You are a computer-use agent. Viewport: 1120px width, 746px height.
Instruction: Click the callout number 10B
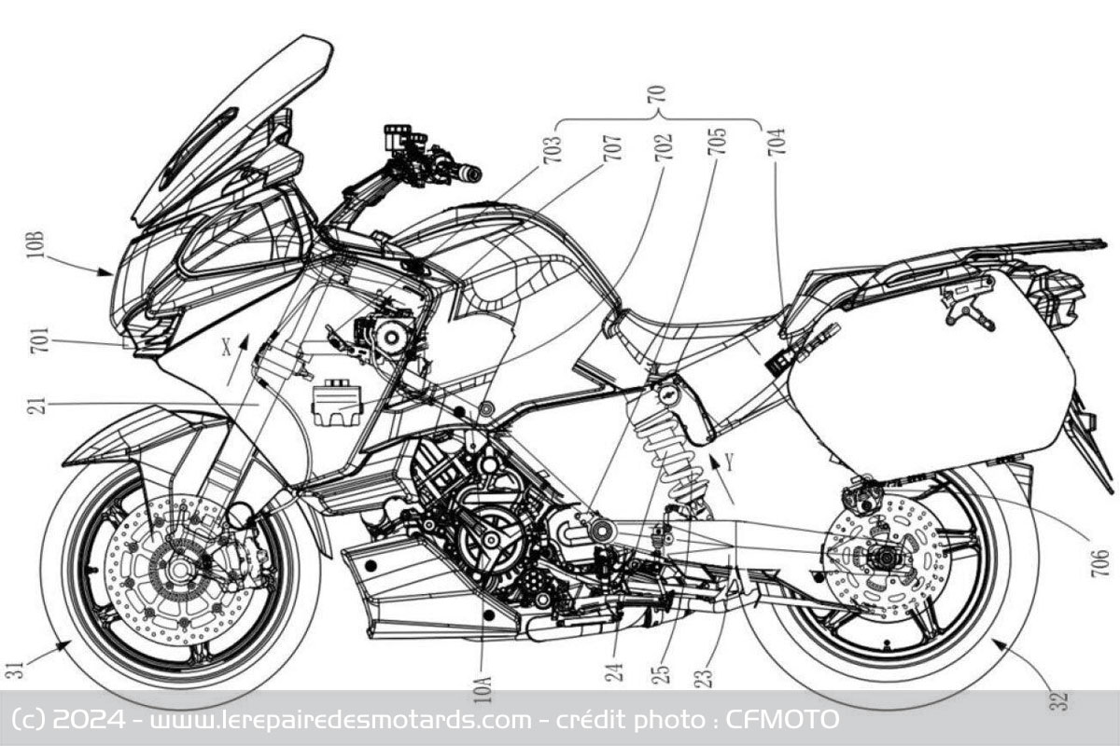coord(36,244)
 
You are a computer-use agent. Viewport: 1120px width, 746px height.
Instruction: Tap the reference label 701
coord(40,339)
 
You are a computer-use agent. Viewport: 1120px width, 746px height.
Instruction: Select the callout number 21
coord(39,405)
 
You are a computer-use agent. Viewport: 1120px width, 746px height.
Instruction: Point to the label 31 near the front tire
coord(15,670)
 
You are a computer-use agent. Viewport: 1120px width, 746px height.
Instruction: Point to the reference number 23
coord(705,678)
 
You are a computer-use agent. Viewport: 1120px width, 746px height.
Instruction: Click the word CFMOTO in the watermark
coord(782,720)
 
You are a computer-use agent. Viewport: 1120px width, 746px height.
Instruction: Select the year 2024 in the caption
coord(89,720)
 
